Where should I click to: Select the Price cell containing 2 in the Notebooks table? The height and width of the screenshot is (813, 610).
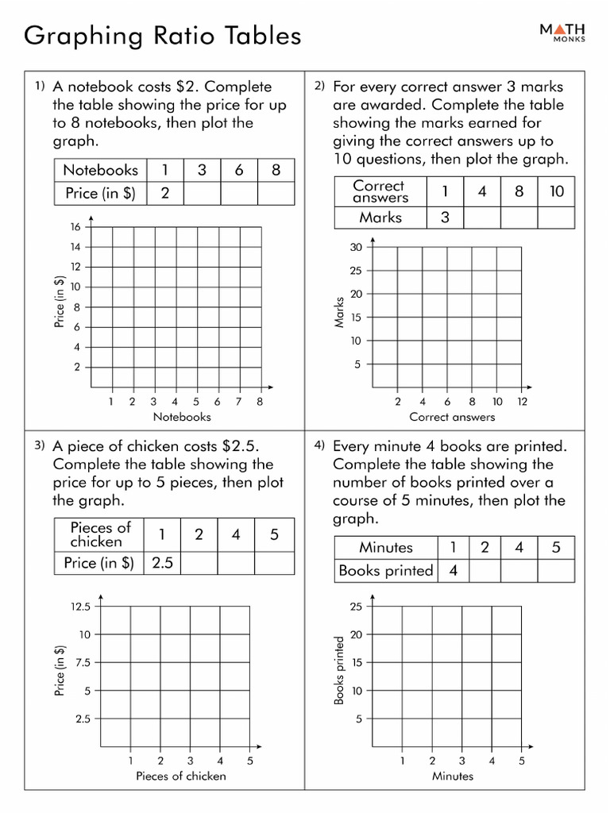[164, 193]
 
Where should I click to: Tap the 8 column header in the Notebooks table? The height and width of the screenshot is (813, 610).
[275, 170]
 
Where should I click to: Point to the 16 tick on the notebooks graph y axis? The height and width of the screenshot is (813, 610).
[76, 227]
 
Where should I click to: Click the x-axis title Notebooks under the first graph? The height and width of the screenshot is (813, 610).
[182, 417]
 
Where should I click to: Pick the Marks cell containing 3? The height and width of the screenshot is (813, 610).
[445, 218]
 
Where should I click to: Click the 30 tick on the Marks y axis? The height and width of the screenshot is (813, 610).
[356, 248]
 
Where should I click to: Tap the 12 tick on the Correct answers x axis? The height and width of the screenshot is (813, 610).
[522, 402]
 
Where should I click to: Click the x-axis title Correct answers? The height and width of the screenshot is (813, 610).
[452, 417]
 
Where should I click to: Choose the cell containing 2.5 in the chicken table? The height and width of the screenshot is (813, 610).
[162, 563]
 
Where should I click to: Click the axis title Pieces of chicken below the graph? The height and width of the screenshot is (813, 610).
[181, 776]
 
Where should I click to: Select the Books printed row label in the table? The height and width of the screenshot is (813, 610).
[385, 570]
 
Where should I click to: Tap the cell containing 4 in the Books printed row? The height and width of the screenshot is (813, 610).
[454, 570]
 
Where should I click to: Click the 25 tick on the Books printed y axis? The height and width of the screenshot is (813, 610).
[356, 607]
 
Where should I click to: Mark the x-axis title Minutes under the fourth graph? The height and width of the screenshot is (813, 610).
[453, 776]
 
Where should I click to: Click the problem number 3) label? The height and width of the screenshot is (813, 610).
[40, 445]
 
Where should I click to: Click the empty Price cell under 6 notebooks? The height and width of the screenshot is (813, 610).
[238, 193]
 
